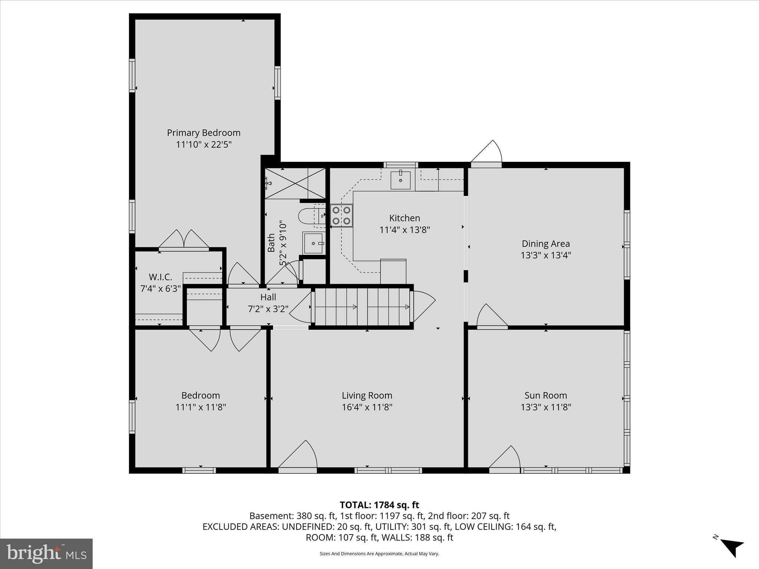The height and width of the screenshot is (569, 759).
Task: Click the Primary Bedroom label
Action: point(203,133)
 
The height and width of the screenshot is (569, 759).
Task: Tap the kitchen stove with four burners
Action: point(341,216)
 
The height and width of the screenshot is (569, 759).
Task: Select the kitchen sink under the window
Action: point(401,180)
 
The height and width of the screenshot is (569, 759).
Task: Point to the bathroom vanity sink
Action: point(314,243)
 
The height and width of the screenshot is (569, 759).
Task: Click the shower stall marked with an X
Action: point(295,183)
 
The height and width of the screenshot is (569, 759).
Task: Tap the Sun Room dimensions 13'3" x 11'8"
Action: point(546,407)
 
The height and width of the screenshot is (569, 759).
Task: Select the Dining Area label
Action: point(546,244)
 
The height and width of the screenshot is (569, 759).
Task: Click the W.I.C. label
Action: point(160,277)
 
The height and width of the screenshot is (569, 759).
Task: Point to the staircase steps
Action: point(362,307)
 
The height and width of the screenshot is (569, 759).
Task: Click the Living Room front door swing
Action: point(299,456)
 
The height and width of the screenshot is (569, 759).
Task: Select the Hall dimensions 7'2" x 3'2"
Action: point(268,309)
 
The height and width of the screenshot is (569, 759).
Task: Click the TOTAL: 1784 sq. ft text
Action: point(379,505)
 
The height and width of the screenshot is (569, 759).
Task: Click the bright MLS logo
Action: point(46,553)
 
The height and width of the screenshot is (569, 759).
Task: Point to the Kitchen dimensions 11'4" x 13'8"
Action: point(404,230)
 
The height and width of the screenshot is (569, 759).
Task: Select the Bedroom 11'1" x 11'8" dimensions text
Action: point(200,407)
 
